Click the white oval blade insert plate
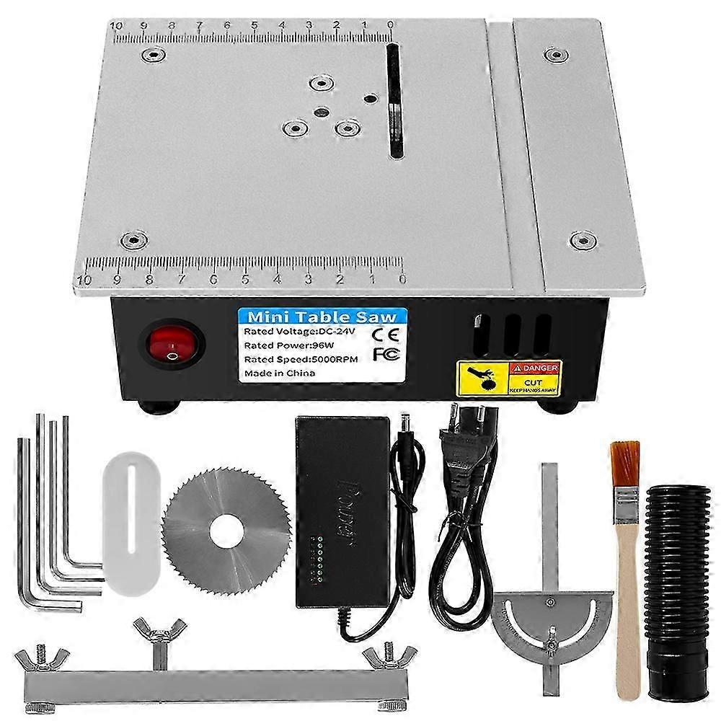[x=131, y=523]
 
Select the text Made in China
[x=280, y=373]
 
